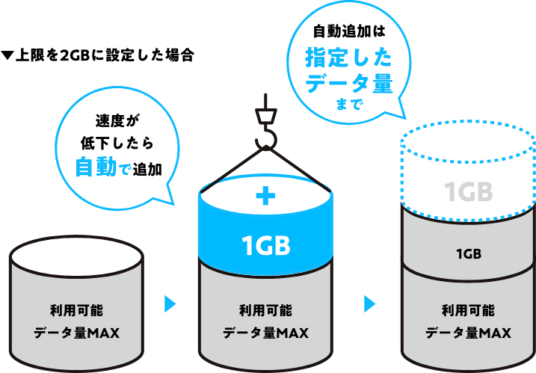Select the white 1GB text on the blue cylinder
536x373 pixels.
tap(265, 244)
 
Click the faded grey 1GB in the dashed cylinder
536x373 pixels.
tap(469, 192)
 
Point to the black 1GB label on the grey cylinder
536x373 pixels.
tap(469, 253)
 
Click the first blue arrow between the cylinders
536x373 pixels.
tap(170, 303)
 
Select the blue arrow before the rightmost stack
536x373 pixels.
tap(369, 303)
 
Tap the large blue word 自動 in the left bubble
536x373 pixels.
tap(96, 167)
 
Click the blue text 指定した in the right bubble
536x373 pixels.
tap(348, 58)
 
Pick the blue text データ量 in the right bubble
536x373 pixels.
tap(348, 83)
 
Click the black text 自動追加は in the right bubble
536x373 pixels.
tap(348, 32)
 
